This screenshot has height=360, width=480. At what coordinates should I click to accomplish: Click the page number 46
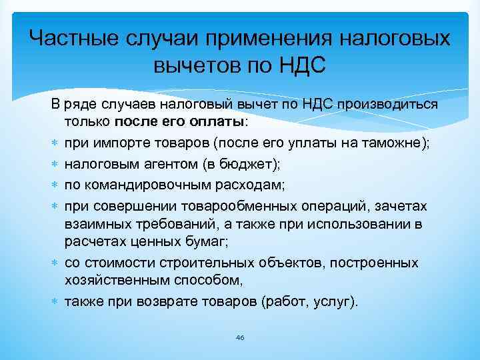(240, 338)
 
